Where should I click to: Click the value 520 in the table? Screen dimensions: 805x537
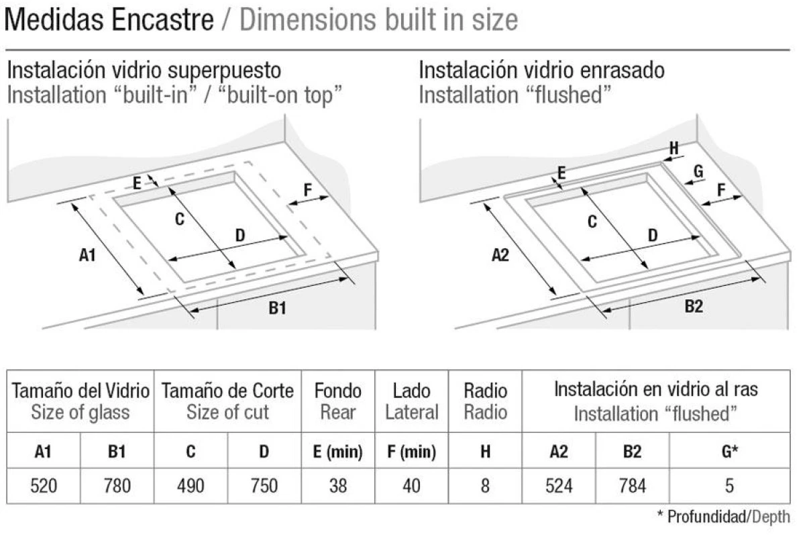pos(44,485)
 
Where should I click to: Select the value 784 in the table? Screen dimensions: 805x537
pos(632,485)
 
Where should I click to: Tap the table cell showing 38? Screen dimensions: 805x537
pos(338,485)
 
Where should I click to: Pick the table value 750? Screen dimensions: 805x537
pos(264,485)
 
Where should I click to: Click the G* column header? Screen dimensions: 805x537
pos(730,451)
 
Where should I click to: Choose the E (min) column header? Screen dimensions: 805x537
pos(338,451)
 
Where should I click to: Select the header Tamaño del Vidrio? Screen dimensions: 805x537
pos(80,391)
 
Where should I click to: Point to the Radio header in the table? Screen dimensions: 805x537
pos(486,391)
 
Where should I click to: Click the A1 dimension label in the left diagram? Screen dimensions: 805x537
pos(87,255)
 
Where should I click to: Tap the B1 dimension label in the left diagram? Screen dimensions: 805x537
pos(278,308)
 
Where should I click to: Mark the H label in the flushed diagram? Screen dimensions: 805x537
pos(674,148)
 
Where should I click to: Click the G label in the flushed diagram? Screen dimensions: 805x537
pos(698,171)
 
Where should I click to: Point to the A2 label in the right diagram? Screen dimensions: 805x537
pos(500,255)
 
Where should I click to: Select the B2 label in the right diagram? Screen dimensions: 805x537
pos(694,307)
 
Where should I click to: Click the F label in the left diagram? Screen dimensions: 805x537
pos(308,189)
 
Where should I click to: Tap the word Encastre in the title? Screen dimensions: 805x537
pos(162,19)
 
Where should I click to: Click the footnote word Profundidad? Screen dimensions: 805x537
pos(706,516)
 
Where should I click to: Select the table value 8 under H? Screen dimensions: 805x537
pos(485,485)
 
